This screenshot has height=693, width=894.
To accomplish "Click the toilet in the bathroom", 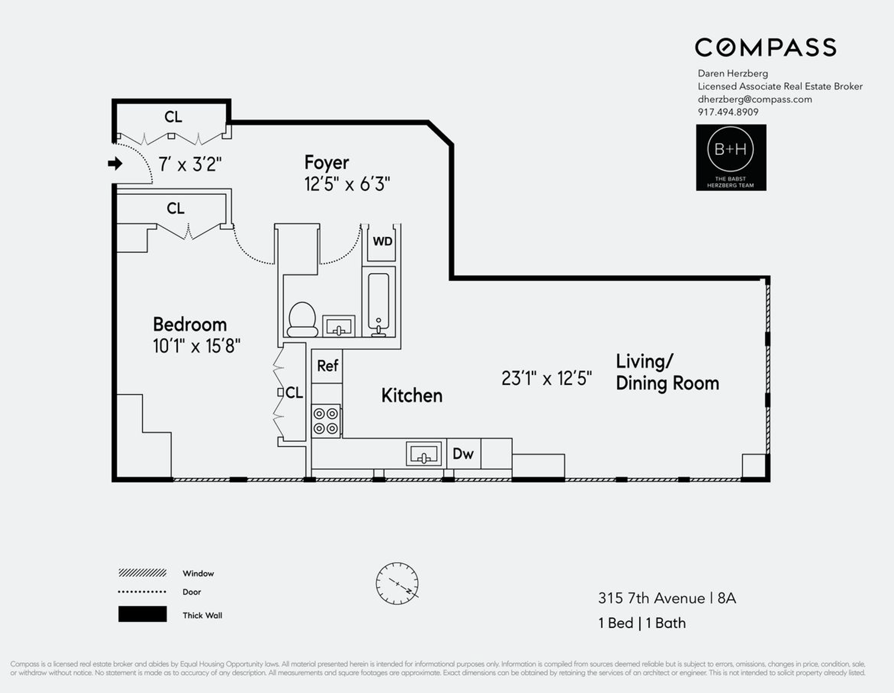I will [302, 319].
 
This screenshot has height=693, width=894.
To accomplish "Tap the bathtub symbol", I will [379, 304].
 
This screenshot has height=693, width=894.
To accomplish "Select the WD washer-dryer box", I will [382, 242].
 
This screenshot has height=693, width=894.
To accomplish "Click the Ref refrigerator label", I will [327, 366].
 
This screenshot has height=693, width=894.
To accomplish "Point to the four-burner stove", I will [326, 421].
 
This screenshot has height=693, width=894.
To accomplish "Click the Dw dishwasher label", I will [463, 454].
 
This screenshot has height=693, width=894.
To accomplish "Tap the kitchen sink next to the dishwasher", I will [423, 454].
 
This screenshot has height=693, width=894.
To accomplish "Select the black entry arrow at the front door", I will [115, 164].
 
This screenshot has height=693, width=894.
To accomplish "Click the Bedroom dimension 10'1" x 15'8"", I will [197, 346].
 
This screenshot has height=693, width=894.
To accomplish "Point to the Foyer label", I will [326, 162].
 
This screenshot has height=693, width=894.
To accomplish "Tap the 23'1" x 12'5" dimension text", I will [546, 378].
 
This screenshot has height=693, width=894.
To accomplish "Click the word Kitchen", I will [411, 396].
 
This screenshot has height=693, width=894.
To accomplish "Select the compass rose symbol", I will [397, 584].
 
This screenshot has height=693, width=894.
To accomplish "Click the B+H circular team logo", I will [730, 150].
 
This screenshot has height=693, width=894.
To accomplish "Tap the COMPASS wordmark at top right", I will [765, 48].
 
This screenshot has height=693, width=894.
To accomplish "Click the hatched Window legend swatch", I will [142, 573].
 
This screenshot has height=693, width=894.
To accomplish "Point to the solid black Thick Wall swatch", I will [142, 614].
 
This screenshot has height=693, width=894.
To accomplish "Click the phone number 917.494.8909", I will [728, 112].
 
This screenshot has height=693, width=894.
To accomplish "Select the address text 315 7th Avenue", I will [651, 598].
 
